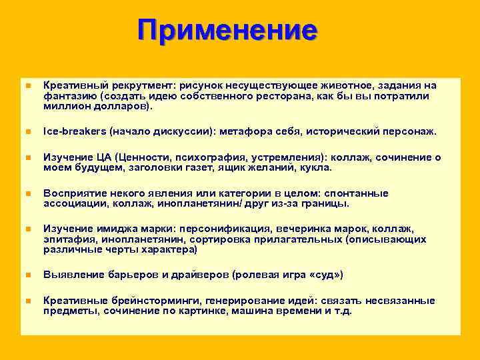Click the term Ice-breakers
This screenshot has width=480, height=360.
tap(73, 131)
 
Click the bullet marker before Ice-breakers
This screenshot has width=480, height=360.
tap(27, 132)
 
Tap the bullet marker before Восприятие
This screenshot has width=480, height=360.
tap(27, 194)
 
